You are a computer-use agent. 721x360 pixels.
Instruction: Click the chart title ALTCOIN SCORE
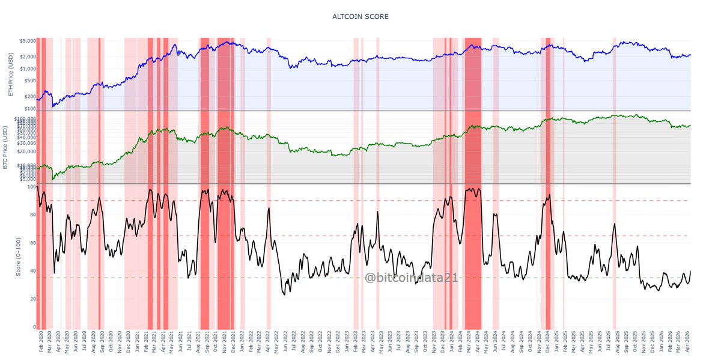[x=360, y=16]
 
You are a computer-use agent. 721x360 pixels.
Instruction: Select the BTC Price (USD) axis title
[x=5, y=147]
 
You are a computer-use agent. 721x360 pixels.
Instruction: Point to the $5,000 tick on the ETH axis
[x=28, y=41]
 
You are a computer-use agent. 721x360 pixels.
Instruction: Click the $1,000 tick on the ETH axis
[x=28, y=69]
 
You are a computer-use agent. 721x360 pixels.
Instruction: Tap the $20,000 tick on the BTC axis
[x=25, y=151]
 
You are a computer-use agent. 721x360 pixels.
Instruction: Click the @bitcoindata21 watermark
[x=412, y=277]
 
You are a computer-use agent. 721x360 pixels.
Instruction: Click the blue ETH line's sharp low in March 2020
[x=53, y=106]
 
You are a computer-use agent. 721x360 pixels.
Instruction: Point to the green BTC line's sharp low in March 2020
[x=53, y=179]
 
